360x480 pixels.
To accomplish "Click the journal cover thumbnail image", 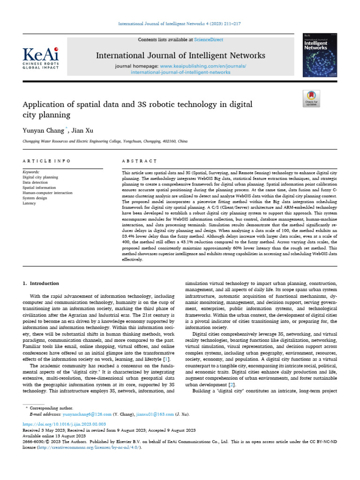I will point(321,52).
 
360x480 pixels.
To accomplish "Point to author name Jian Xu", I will point(82,130).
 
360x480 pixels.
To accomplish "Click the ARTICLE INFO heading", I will point(46,161).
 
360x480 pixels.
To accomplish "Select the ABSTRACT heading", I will point(139,161).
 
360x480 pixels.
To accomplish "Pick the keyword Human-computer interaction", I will point(47,193).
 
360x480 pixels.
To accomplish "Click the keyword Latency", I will point(29,203).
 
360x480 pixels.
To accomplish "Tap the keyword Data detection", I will point(37,182).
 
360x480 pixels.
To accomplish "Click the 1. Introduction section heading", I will point(41,283).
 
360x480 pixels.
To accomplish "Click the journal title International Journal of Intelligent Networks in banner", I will point(180,56).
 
